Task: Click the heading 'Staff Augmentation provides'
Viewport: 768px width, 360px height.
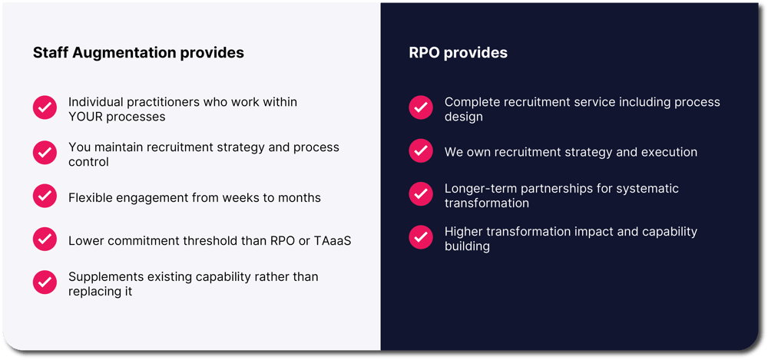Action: (x=138, y=53)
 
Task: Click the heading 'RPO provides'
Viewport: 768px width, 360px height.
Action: (x=458, y=53)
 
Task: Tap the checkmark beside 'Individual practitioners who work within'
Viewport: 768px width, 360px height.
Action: (x=45, y=107)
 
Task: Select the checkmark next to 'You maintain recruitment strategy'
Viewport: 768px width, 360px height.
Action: (x=45, y=152)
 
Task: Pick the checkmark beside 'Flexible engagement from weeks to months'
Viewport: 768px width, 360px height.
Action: (x=45, y=196)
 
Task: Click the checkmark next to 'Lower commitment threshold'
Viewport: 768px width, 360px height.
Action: (x=45, y=239)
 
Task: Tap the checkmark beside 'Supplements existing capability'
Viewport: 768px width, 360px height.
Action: (x=45, y=282)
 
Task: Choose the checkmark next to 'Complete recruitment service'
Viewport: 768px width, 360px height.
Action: (x=421, y=107)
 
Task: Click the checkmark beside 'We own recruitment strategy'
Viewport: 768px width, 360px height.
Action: (x=421, y=151)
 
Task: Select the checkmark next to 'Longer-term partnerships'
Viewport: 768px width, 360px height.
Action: (x=421, y=194)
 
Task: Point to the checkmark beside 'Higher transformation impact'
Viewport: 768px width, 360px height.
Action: (x=421, y=237)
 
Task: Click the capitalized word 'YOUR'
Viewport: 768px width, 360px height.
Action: (x=85, y=117)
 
